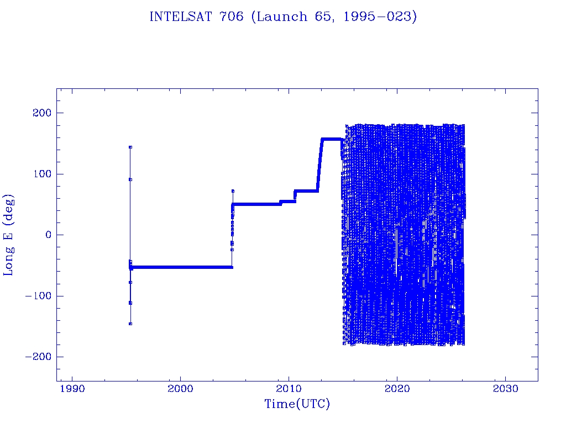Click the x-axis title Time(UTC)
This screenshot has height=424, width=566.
(297, 404)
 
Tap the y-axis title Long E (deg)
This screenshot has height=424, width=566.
(9, 235)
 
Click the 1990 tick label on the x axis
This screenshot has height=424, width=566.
(72, 389)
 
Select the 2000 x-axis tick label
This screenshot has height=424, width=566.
(180, 389)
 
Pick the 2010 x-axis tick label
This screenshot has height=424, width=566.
(289, 389)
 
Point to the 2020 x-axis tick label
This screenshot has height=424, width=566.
(397, 389)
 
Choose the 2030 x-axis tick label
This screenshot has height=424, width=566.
(505, 389)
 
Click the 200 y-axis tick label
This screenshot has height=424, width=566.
(41, 113)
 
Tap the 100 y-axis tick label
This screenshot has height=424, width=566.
(41, 174)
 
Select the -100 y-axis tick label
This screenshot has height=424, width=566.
(38, 296)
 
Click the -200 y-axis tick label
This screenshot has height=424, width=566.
(38, 357)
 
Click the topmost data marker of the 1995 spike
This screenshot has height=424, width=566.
(130, 147)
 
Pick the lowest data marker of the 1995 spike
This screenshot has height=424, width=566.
(130, 324)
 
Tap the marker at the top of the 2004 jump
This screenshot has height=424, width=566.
(233, 191)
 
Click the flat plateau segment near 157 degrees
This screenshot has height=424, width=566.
(331, 139)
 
